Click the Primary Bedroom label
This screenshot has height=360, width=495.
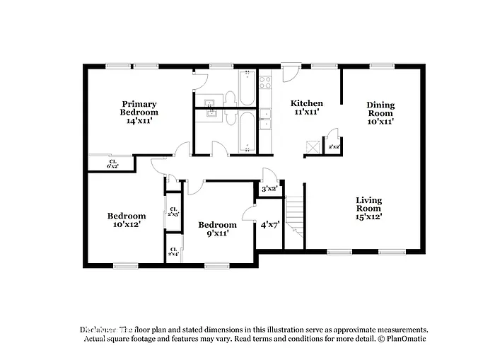point(139,112)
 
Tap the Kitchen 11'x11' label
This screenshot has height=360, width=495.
point(308,107)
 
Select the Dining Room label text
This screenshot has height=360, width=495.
point(380,112)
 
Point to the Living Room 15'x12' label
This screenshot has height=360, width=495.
point(368,208)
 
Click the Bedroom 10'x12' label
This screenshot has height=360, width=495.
point(127,219)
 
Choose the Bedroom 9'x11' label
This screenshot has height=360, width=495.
point(217,228)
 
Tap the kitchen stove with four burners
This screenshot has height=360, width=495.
point(266,86)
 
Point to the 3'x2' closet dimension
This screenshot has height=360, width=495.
point(269,189)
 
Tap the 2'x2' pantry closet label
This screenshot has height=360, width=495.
point(334,147)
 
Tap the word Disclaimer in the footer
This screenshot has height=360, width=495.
point(97,330)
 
